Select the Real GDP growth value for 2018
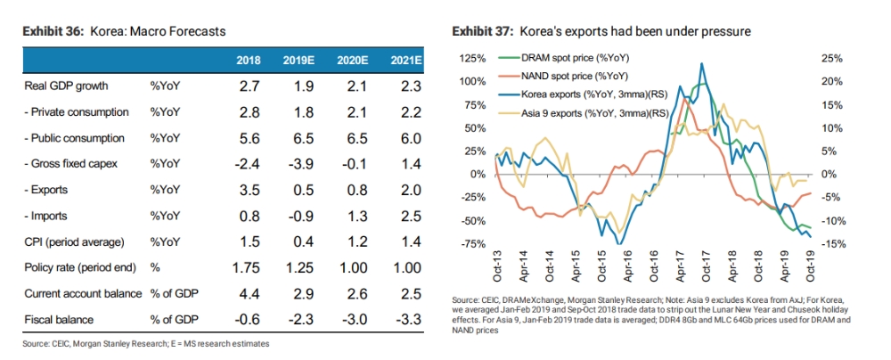[249, 86]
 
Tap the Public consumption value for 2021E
[405, 138]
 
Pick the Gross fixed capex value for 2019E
[301, 164]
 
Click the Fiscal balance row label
[54, 319]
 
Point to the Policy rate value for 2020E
[353, 267]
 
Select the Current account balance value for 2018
[249, 293]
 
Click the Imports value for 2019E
[301, 216]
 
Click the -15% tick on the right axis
[830, 244]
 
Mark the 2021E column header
[405, 61]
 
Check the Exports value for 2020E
[353, 190]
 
